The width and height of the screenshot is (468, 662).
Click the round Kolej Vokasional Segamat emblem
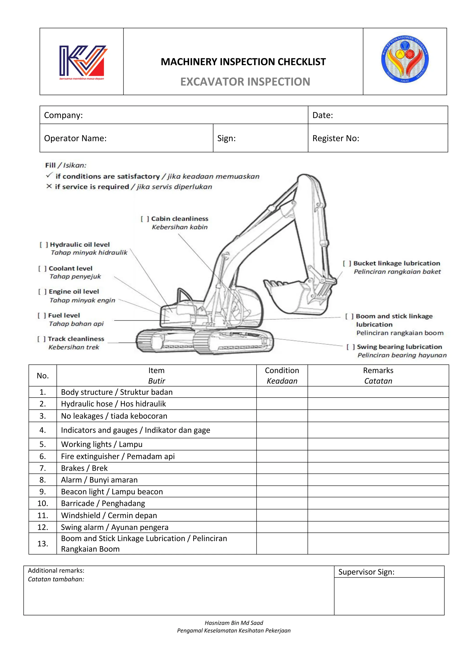click(405, 59)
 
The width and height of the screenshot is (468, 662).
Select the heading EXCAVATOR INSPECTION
click(245, 82)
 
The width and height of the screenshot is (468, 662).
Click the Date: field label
click(322, 115)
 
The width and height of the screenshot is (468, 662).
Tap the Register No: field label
click(336, 138)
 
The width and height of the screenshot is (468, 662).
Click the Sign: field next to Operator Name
click(226, 138)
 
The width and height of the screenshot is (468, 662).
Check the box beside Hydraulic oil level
click(43, 245)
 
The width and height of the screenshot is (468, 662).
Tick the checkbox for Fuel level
click(42, 315)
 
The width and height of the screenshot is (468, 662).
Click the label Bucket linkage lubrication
click(396, 263)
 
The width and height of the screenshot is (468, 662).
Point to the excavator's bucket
click(297, 297)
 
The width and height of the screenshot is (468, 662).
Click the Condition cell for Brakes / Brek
click(282, 468)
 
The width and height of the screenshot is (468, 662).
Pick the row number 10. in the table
click(43, 503)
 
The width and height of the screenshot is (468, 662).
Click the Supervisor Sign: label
click(366, 572)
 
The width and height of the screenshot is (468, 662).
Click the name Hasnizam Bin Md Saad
click(234, 622)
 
